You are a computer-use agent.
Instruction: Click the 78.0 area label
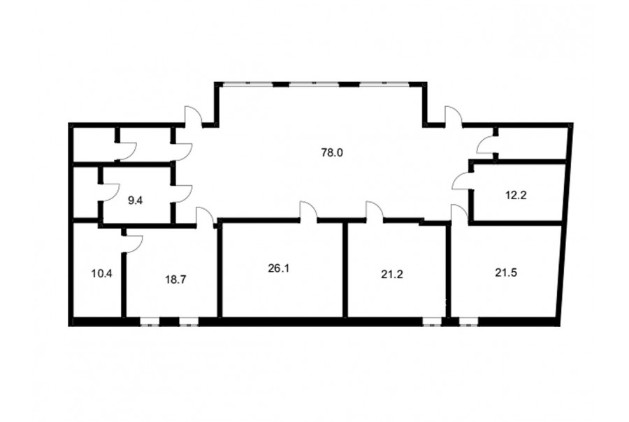332,153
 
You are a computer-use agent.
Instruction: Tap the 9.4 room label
135,201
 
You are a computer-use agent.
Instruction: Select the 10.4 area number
102,274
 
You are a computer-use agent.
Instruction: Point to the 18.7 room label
175,279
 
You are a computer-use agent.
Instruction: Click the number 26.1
279,268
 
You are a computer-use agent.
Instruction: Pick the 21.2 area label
392,275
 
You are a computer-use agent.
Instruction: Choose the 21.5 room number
506,272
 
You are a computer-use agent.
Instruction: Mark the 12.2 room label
516,196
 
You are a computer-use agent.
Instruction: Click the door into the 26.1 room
308,212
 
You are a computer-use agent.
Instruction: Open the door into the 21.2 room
375,212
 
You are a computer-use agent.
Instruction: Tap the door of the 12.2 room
462,181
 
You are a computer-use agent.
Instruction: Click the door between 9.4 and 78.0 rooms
182,194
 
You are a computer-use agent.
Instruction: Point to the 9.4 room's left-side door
110,193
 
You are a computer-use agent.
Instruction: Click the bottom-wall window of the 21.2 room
432,321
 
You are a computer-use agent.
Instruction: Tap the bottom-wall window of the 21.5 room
468,321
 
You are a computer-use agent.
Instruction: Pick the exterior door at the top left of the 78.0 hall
194,116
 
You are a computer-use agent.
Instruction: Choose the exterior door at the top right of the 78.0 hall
454,116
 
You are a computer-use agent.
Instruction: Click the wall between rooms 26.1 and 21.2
345,269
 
